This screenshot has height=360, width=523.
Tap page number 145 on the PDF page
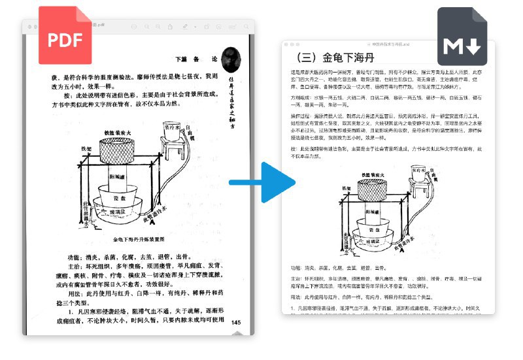pyautogui.click(x=236, y=322)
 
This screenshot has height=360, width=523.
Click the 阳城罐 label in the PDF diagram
pyautogui.click(x=116, y=178)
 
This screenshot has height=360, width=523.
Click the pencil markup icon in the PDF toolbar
pyautogui.click(x=186, y=27)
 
